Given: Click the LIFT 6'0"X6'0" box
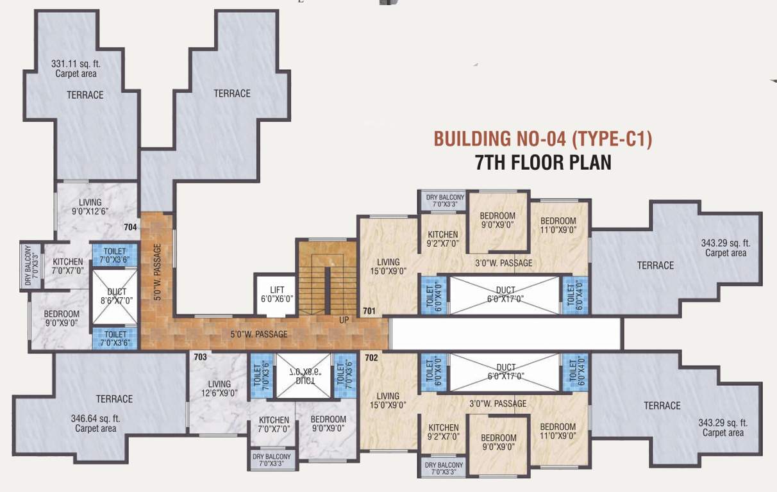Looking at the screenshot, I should coord(276,294).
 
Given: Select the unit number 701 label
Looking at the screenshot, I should coord(369,311).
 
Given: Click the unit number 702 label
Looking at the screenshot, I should coord(371,357).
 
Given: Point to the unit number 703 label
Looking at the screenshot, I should coord(200,357).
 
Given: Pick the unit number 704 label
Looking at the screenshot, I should coord(130,227).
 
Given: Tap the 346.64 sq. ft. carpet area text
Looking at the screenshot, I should coord(96,423).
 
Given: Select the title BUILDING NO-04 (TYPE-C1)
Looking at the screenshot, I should coord(542,139).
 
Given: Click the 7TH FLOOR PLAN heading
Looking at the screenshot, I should coord(542,163).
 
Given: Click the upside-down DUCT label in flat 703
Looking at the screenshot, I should coord(305,375).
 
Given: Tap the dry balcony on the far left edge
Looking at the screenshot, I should coord(29,265).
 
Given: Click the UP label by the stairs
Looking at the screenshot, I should coord(344,318).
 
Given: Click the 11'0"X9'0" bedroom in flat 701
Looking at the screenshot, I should coord(557,225).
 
